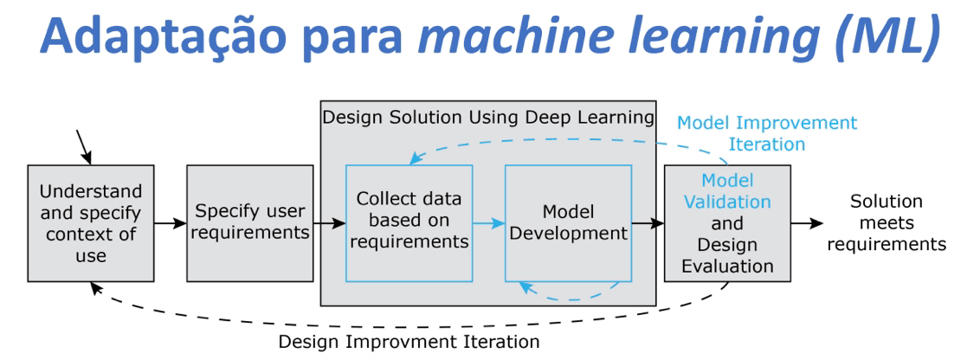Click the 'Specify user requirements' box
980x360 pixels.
(249, 223)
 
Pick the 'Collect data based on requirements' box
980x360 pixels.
(409, 223)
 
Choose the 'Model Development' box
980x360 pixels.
(567, 223)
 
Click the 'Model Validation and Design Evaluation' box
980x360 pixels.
(727, 223)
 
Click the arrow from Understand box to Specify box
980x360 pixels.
(171, 223)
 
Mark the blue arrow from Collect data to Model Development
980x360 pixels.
(488, 223)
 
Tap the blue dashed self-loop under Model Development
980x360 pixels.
(567, 294)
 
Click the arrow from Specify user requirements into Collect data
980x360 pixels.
(328, 223)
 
